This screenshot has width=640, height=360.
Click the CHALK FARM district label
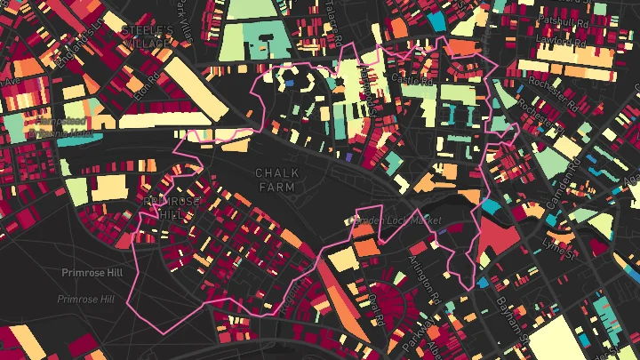coord(276,180)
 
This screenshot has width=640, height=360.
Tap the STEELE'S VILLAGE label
coord(148,35)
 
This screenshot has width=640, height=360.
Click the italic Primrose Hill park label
coord(85,300)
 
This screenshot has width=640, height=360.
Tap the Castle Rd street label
coord(412,79)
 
